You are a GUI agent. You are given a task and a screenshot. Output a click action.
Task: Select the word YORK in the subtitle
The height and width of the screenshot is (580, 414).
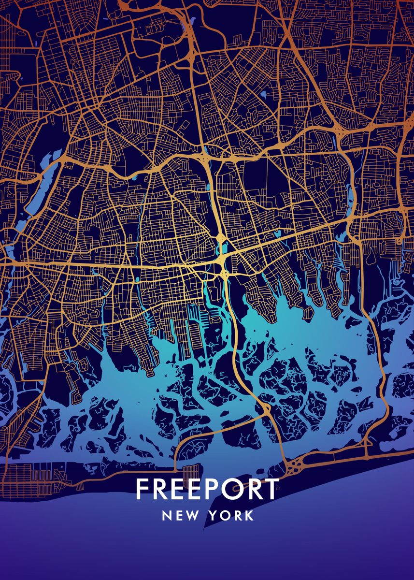tap(231, 516)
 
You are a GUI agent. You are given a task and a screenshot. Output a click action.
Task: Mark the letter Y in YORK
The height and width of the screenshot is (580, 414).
tap(214, 516)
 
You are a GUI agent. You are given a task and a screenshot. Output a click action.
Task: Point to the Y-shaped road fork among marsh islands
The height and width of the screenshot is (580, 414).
tap(267, 410)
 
